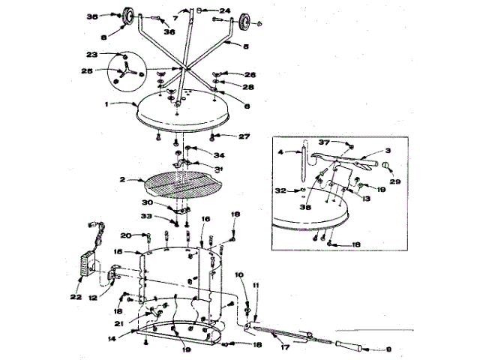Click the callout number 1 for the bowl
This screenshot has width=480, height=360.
(x=107, y=103)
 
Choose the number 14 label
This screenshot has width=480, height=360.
(x=111, y=339)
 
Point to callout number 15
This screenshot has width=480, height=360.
(x=117, y=252)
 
